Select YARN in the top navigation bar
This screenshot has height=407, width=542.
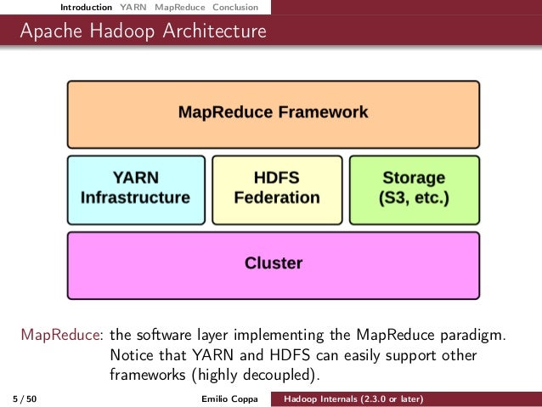[133, 8]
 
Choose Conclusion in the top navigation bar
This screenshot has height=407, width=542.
[234, 8]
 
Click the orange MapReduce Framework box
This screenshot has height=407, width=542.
[273, 112]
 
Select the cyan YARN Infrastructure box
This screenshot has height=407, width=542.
[135, 188]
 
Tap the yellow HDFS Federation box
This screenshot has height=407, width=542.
[276, 188]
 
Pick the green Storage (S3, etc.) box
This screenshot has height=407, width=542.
[414, 188]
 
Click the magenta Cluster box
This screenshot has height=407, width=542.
[273, 263]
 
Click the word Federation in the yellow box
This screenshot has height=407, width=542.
[277, 198]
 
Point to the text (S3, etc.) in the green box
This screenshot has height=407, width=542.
[415, 199]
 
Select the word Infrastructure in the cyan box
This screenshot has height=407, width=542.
[135, 198]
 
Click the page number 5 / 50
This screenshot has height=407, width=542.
[25, 399]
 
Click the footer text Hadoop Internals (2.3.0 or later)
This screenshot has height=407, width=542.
[354, 399]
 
